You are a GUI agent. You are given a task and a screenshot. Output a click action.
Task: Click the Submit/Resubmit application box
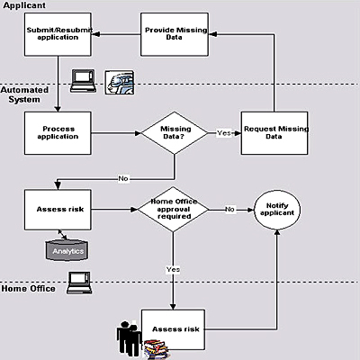(58, 34)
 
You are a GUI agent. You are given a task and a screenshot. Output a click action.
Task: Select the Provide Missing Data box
(175, 34)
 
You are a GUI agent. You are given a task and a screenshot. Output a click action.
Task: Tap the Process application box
(58, 133)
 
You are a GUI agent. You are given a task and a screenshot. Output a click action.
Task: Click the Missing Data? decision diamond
(175, 133)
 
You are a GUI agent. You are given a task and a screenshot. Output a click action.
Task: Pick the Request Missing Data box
(274, 133)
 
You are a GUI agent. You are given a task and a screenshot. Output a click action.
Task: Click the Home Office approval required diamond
(173, 210)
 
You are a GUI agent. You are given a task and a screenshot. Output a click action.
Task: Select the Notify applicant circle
(277, 210)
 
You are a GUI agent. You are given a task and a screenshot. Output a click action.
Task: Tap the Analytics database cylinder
(67, 250)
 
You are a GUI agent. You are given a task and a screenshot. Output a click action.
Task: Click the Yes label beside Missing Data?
(224, 132)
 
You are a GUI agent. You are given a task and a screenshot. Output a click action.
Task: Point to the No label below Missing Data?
(123, 178)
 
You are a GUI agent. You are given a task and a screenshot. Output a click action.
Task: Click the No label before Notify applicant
(229, 209)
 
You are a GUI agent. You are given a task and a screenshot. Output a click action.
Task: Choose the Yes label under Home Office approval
(173, 270)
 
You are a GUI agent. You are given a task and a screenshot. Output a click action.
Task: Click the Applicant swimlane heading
(24, 5)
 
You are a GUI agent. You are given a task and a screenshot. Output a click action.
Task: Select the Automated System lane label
(24, 94)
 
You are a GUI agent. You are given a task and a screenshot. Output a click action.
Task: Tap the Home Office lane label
(29, 289)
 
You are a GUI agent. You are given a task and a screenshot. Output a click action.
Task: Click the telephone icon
(120, 83)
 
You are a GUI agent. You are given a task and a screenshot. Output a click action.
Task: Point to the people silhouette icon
(129, 337)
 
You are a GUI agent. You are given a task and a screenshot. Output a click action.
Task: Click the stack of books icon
(156, 349)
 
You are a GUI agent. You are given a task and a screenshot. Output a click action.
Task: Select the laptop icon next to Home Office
(79, 283)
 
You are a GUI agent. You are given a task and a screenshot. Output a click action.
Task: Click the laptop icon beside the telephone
(83, 81)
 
